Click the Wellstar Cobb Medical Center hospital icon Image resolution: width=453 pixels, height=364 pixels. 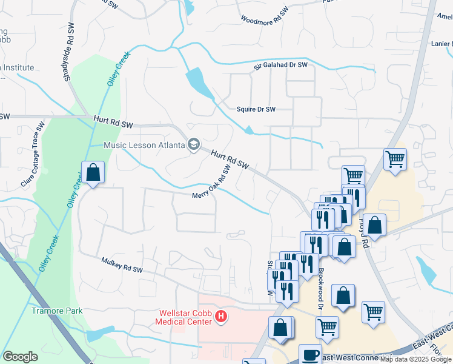coord(221,316)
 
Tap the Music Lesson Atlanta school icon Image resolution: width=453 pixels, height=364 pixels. coord(194,145)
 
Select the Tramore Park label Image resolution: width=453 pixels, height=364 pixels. coord(56,311)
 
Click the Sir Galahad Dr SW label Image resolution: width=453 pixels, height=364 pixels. coord(280,65)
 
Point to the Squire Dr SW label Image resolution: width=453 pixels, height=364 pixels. coord(256,109)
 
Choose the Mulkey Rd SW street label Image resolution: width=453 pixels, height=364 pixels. coord(122,264)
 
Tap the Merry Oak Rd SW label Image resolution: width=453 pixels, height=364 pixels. coord(213,181)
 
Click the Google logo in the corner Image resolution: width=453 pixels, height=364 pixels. coord(20,357)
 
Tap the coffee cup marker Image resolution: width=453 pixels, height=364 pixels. coord(311,354)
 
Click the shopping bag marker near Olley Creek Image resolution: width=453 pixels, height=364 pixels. coord(93,172)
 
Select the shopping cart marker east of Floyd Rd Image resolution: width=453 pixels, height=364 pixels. coord(395,160)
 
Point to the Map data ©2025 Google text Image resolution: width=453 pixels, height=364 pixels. coord(416,359)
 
